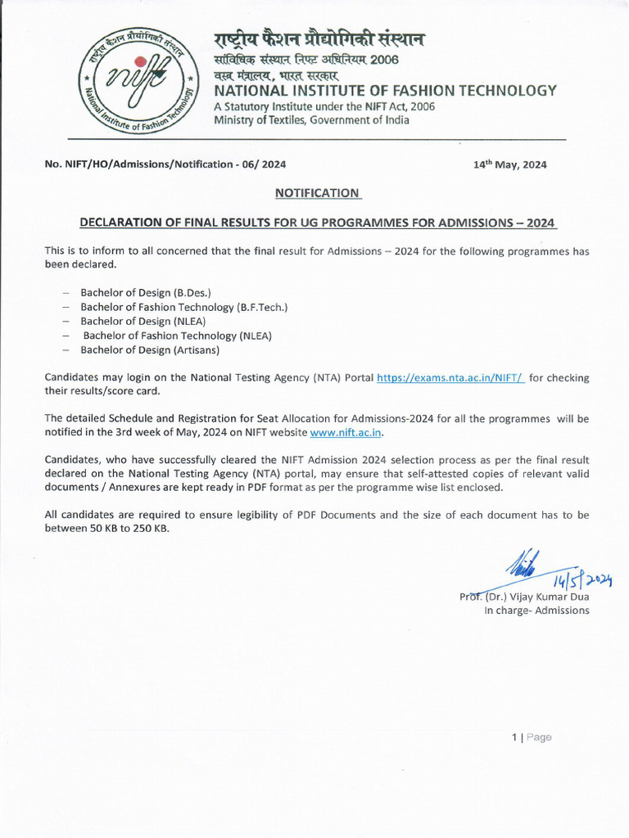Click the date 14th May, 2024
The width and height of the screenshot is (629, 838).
click(x=509, y=164)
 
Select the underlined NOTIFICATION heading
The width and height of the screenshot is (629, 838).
click(x=317, y=193)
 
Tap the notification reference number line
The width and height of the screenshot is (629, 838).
click(x=165, y=164)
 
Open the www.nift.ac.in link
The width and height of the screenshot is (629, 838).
click(x=346, y=431)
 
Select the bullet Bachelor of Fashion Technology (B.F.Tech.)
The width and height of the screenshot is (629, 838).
click(x=183, y=307)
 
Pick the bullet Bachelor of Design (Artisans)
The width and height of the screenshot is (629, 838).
click(x=149, y=350)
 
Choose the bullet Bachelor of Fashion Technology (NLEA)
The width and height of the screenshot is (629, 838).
click(x=177, y=336)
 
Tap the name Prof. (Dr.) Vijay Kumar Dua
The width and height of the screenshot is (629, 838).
click(x=524, y=596)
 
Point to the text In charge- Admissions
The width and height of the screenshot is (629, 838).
click(x=536, y=610)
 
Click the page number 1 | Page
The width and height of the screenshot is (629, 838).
click(x=532, y=737)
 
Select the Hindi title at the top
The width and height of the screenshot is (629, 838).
click(x=319, y=39)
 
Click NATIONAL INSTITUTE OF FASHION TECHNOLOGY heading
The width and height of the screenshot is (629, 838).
click(x=385, y=91)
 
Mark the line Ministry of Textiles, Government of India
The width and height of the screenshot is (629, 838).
click(x=311, y=120)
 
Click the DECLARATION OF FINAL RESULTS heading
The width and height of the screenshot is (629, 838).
click(x=317, y=223)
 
